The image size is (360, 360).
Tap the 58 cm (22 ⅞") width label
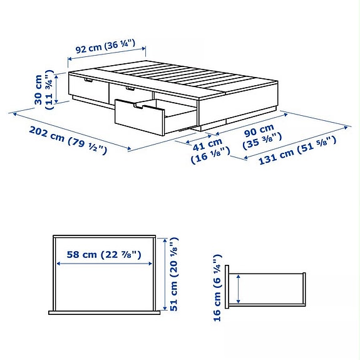click(x=103, y=255)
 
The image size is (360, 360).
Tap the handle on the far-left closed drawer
click(x=87, y=80)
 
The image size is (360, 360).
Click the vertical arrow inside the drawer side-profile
click(x=238, y=289)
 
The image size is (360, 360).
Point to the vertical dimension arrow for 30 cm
click(x=56, y=88)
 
